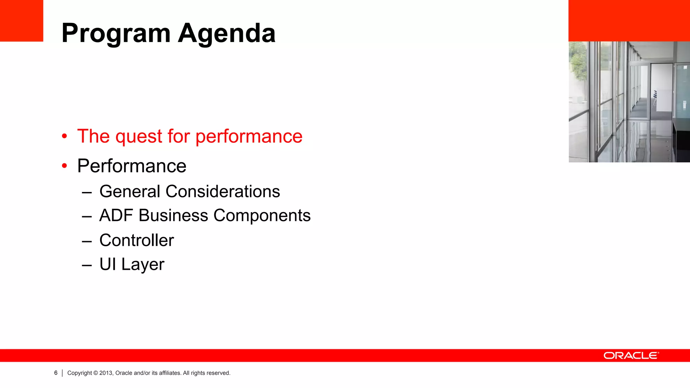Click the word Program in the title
116,34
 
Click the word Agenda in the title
227,34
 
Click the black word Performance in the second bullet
132,166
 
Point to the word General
130,192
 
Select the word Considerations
223,192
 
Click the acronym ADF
116,216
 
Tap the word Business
173,216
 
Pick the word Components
262,216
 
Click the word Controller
136,240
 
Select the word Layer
143,265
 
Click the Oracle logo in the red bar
631,356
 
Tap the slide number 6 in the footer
56,373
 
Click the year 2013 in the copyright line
105,373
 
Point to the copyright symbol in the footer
96,373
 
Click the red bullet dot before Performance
64,166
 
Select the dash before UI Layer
87,265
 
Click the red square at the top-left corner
22,21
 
